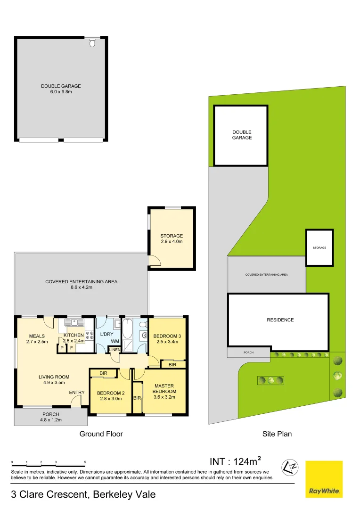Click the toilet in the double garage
pyautogui.click(x=92, y=43)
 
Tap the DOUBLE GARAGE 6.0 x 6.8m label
pyautogui.click(x=61, y=89)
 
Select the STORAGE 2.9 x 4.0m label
pyautogui.click(x=171, y=238)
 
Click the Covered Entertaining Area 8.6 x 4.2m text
pyautogui.click(x=81, y=284)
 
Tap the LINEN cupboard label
pyautogui.click(x=114, y=349)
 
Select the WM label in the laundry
pyautogui.click(x=115, y=341)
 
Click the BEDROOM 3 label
pyautogui.click(x=168, y=338)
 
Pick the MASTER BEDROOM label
pyautogui.click(x=164, y=391)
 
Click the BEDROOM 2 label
pyautogui.click(x=110, y=395)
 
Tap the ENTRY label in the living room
pyautogui.click(x=77, y=393)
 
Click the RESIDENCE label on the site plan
pyautogui.click(x=280, y=320)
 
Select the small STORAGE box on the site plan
pyautogui.click(x=319, y=247)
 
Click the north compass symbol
pyautogui.click(x=290, y=468)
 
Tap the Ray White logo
pyautogui.click(x=324, y=479)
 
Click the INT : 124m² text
pyautogui.click(x=235, y=461)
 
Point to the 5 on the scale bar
pyautogui.click(x=85, y=462)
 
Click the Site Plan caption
pyautogui.click(x=277, y=434)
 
